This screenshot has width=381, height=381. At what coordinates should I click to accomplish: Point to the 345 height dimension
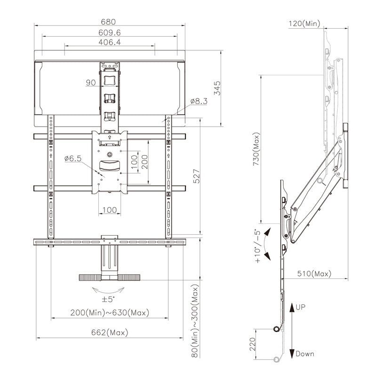(217, 87)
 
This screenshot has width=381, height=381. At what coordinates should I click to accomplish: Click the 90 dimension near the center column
(91, 83)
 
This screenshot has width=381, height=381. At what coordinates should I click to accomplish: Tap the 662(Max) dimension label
(109, 333)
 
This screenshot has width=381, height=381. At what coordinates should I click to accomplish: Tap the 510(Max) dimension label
(314, 273)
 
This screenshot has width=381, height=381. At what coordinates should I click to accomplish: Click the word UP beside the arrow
(302, 307)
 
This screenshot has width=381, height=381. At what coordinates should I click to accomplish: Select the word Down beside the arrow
(305, 354)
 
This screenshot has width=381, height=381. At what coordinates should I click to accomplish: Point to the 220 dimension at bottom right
(252, 345)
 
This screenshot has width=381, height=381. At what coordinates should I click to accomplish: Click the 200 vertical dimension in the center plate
(145, 162)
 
